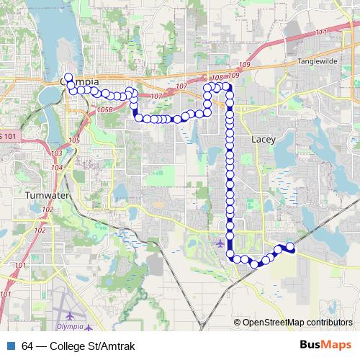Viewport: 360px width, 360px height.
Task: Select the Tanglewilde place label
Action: pos(317,62)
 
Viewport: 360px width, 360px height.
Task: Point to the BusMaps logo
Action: pos(325,346)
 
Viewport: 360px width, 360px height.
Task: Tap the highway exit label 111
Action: pos(320,32)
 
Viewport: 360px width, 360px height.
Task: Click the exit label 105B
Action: pos(104,110)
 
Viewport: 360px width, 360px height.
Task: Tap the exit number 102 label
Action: pos(48,210)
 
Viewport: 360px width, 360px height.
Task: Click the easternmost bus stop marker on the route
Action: pos(290,247)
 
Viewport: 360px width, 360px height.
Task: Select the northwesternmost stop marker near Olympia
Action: pos(68,77)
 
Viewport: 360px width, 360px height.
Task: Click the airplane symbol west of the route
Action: pos(219,243)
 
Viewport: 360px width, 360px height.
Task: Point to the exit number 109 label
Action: pos(233,75)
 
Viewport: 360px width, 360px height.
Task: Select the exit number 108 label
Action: pos(217,77)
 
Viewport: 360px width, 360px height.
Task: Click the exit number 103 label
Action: pos(57,154)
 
